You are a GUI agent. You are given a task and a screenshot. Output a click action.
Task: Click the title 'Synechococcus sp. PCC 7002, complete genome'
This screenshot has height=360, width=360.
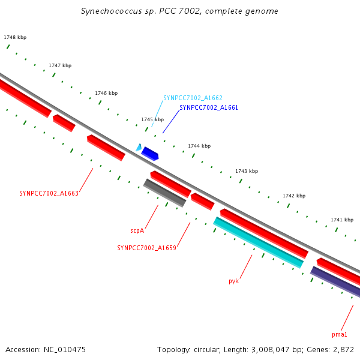tap(179, 11)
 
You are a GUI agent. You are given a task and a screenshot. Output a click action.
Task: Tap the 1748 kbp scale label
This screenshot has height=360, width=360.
tap(15, 38)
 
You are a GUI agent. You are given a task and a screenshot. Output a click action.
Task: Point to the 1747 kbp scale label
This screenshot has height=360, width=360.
tap(60, 65)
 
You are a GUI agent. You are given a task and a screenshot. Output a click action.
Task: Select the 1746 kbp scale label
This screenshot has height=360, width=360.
tap(106, 94)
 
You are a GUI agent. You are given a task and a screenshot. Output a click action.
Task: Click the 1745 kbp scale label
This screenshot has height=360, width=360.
tap(152, 120)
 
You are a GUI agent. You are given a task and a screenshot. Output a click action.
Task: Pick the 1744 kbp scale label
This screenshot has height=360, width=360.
tap(199, 146)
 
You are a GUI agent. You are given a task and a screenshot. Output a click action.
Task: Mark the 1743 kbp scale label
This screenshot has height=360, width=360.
tap(247, 172)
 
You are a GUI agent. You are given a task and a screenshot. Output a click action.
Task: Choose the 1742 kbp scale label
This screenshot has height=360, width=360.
tap(294, 196)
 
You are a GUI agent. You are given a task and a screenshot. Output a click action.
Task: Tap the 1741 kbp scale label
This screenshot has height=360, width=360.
tap(342, 220)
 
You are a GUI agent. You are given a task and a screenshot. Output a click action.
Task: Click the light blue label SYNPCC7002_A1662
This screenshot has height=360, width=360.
tap(193, 98)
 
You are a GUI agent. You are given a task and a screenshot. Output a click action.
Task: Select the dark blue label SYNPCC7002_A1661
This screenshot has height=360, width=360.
tap(209, 108)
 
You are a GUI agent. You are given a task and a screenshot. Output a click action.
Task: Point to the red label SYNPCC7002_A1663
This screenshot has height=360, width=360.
tap(49, 194)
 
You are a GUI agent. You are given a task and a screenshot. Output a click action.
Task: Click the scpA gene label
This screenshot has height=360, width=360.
tap(137, 230)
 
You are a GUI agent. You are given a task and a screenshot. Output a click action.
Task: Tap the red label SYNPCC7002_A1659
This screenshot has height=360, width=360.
tap(146, 248)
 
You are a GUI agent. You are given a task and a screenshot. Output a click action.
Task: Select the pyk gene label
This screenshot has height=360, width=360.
tap(234, 281)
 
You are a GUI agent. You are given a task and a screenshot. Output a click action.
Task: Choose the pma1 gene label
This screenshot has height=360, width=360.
tap(340, 334)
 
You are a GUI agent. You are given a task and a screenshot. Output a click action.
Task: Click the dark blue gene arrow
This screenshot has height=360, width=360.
tap(149, 154)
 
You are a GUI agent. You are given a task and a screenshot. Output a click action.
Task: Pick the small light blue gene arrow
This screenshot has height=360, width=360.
tap(139, 147)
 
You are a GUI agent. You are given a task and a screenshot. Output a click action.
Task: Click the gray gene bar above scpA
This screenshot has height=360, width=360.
tap(164, 193)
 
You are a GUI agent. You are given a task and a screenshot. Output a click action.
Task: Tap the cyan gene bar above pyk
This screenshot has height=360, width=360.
tap(258, 242)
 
